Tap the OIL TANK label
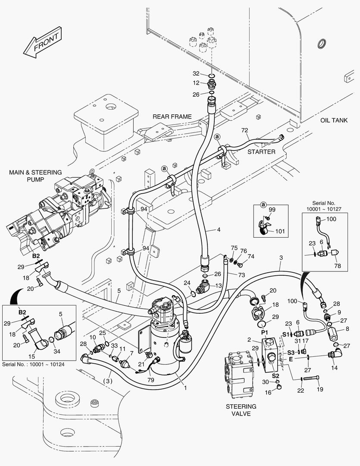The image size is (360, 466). coord(333,120)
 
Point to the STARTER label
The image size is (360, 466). coord(261,152)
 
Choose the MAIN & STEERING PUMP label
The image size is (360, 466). coord(35,176)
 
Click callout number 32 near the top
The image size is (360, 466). coord(196,73)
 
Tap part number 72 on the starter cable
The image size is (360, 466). coord(244,130)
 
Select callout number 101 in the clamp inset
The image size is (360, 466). coord(280,231)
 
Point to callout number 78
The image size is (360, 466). coord(337,266)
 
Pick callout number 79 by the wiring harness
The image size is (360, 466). coord(150,380)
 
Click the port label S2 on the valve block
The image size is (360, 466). coord(275,375)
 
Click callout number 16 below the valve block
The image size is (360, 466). coord(267,392)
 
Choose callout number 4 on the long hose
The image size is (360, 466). coord(219,230)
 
